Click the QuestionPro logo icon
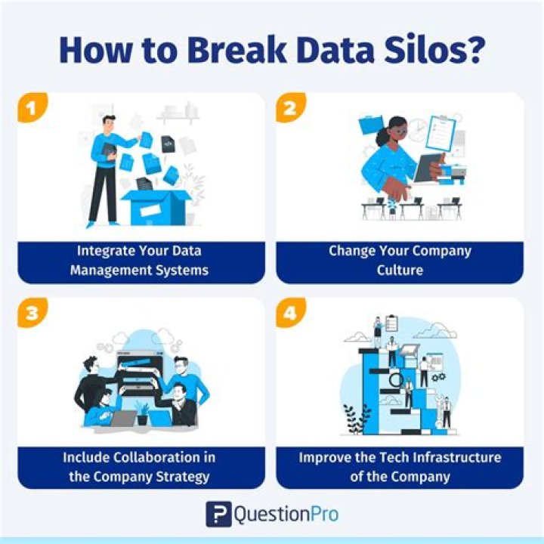(x=218, y=514)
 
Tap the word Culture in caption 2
(x=400, y=270)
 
